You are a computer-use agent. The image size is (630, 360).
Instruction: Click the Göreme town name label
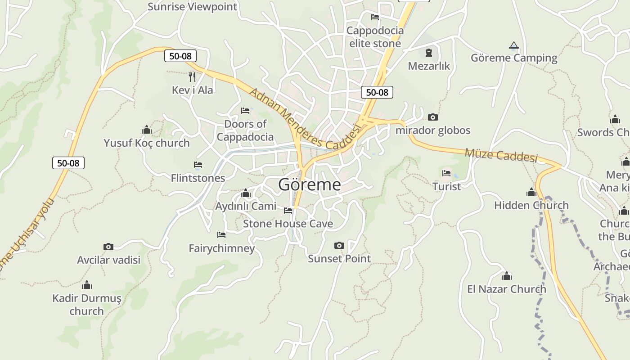pyautogui.click(x=310, y=184)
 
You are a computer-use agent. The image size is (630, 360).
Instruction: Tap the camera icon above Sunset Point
pyautogui.click(x=339, y=245)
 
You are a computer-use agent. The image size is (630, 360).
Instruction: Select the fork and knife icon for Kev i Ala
pyautogui.click(x=192, y=76)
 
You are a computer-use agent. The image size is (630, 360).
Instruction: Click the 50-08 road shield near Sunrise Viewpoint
pyautogui.click(x=180, y=56)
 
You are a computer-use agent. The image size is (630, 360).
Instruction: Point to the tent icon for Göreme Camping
pyautogui.click(x=513, y=45)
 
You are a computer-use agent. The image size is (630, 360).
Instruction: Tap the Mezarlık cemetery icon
pyautogui.click(x=428, y=53)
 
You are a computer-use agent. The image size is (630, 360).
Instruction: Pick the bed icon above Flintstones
pyautogui.click(x=198, y=165)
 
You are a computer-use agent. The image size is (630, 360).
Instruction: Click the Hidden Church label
pyautogui.click(x=531, y=205)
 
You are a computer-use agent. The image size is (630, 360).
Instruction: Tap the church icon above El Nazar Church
pyautogui.click(x=507, y=275)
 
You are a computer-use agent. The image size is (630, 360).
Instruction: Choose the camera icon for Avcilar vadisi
pyautogui.click(x=108, y=247)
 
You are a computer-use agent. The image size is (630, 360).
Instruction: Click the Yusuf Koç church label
pyautogui.click(x=147, y=143)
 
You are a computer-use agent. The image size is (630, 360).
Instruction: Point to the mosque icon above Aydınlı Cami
pyautogui.click(x=246, y=193)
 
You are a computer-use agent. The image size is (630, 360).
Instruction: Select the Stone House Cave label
pyautogui.click(x=288, y=224)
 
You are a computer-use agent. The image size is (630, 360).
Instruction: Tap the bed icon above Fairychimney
pyautogui.click(x=221, y=234)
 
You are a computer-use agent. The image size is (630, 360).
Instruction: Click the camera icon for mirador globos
pyautogui.click(x=433, y=117)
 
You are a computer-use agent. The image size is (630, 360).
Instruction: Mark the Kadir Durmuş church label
pyautogui.click(x=87, y=304)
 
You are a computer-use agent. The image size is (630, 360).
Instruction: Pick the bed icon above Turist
pyautogui.click(x=446, y=173)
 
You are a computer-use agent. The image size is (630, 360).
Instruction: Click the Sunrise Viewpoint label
pyautogui.click(x=192, y=7)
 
